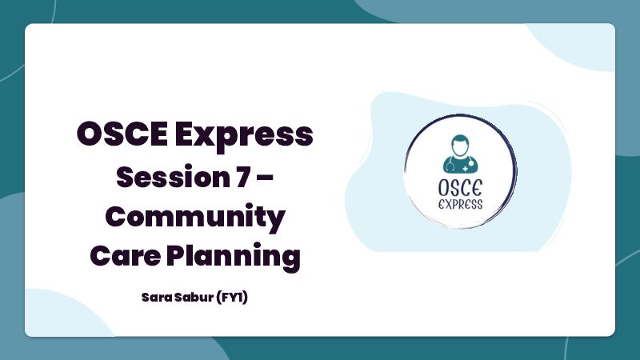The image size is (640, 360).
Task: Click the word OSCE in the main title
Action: [x=122, y=134]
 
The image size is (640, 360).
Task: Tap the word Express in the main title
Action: [x=244, y=136]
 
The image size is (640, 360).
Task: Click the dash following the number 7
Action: [x=266, y=178]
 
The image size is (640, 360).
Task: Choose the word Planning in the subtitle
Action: [x=234, y=257]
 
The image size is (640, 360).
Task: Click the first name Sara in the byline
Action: [x=157, y=297]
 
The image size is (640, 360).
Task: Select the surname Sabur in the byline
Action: [x=194, y=297]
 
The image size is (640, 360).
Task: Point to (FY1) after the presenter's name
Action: [x=232, y=297]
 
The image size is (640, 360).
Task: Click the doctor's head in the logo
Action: [x=460, y=146]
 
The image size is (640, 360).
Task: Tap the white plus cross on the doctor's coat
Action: [x=466, y=168]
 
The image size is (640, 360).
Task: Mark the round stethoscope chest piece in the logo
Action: [x=471, y=163]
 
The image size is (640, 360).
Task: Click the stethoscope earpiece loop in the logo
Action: [x=450, y=166]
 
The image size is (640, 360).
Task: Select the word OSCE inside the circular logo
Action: [x=460, y=188]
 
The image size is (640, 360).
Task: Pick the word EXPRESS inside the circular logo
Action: [x=461, y=204]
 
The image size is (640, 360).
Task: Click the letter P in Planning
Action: [x=176, y=255]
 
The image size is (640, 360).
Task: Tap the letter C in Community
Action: [x=115, y=216]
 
